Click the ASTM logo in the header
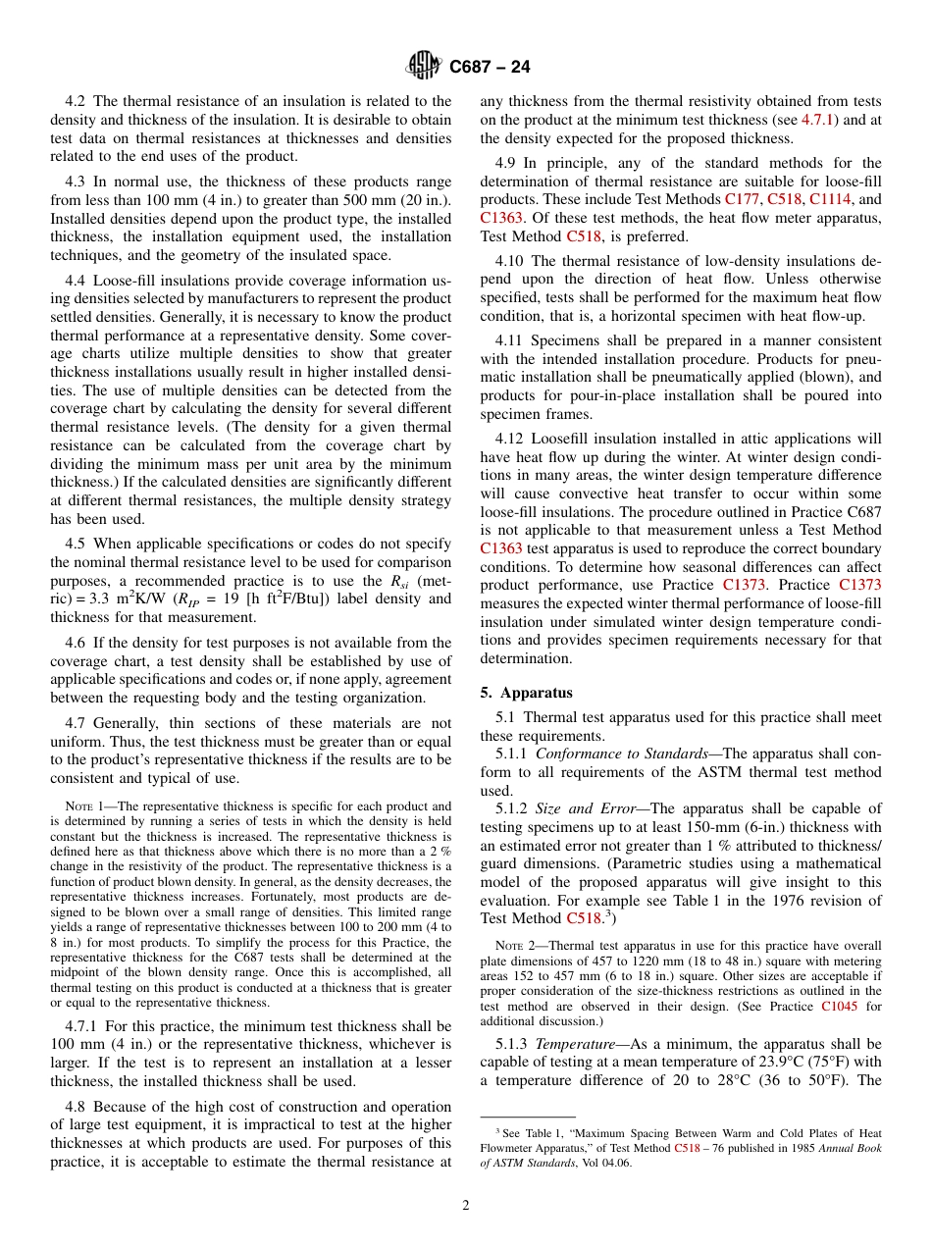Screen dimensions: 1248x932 [x=424, y=67]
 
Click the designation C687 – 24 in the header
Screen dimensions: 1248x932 [x=490, y=67]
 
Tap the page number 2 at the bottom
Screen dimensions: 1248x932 [x=466, y=1206]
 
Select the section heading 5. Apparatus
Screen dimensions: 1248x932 [x=526, y=692]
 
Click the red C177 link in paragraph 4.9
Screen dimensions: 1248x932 [x=742, y=199]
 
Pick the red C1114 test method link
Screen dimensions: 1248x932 [x=830, y=199]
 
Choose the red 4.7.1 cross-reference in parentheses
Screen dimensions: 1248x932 [x=818, y=120]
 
